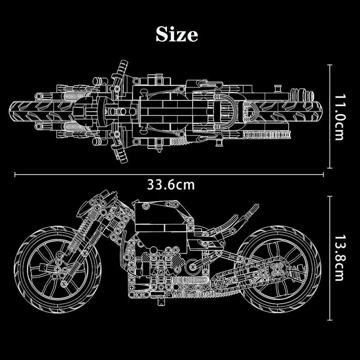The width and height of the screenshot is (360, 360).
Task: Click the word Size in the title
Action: click(x=176, y=33)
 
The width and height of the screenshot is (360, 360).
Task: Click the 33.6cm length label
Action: click(x=171, y=184)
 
